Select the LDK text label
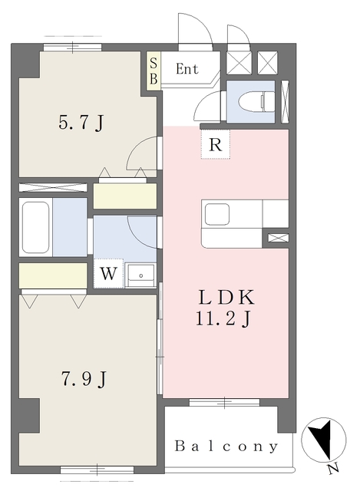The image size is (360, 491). (x=226, y=299)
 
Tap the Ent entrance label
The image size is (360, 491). (x=187, y=69)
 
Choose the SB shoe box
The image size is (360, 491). (x=154, y=71)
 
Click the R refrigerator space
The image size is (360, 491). (x=215, y=143)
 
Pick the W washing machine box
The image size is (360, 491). (x=108, y=272)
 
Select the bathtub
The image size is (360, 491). (x=36, y=227)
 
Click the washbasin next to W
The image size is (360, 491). (x=140, y=272)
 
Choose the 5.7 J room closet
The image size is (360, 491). (x=124, y=195)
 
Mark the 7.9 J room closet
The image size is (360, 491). (x=53, y=275)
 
